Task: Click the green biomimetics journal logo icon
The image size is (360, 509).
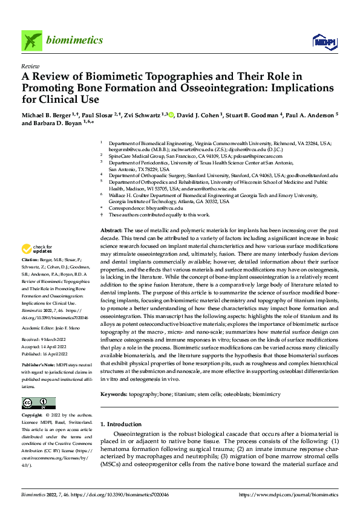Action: click(x=31, y=40)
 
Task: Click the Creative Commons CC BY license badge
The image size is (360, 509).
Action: click(x=38, y=403)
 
